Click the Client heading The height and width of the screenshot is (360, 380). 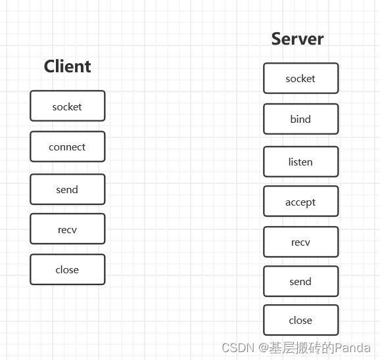[67, 66]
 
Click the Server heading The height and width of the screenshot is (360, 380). [297, 39]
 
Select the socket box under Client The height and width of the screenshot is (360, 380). [67, 106]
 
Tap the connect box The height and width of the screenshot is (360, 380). [67, 146]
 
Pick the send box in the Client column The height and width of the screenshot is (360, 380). [67, 189]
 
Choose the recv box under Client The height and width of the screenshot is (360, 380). [67, 229]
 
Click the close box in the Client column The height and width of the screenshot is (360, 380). [67, 269]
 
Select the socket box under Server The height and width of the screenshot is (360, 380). [300, 78]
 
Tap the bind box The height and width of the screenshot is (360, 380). [300, 119]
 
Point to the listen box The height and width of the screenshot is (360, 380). [300, 162]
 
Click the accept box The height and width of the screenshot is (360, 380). [300, 202]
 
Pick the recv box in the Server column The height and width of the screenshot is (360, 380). [300, 242]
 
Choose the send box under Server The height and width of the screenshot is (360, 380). [300, 281]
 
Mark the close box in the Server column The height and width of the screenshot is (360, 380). [300, 320]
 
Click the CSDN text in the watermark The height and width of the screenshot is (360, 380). [237, 348]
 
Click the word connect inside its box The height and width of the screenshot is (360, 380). [67, 147]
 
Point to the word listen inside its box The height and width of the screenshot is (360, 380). [300, 162]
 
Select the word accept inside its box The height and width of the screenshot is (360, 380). [300, 202]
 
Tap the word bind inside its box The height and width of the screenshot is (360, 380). [300, 120]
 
